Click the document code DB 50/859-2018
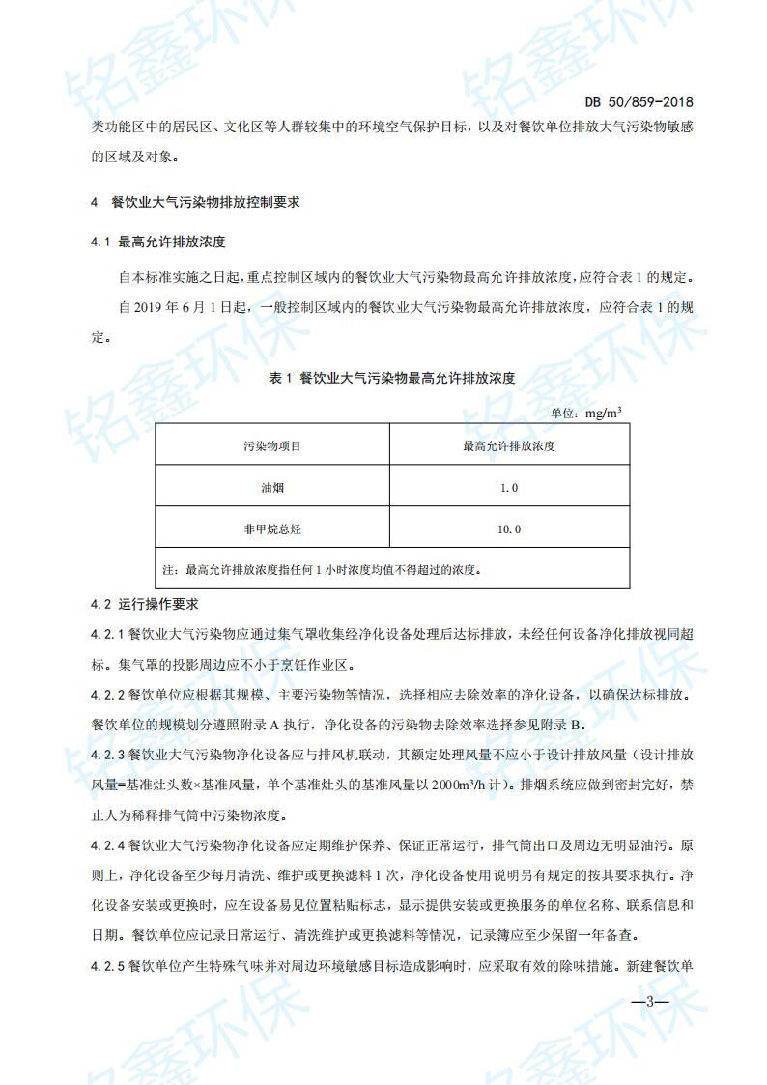click(639, 101)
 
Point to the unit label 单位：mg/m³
click(586, 413)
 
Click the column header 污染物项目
click(272, 446)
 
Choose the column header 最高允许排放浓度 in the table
click(508, 446)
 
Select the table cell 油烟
click(272, 488)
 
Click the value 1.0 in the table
click(509, 488)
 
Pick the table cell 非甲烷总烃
click(272, 529)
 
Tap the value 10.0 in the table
click(509, 529)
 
